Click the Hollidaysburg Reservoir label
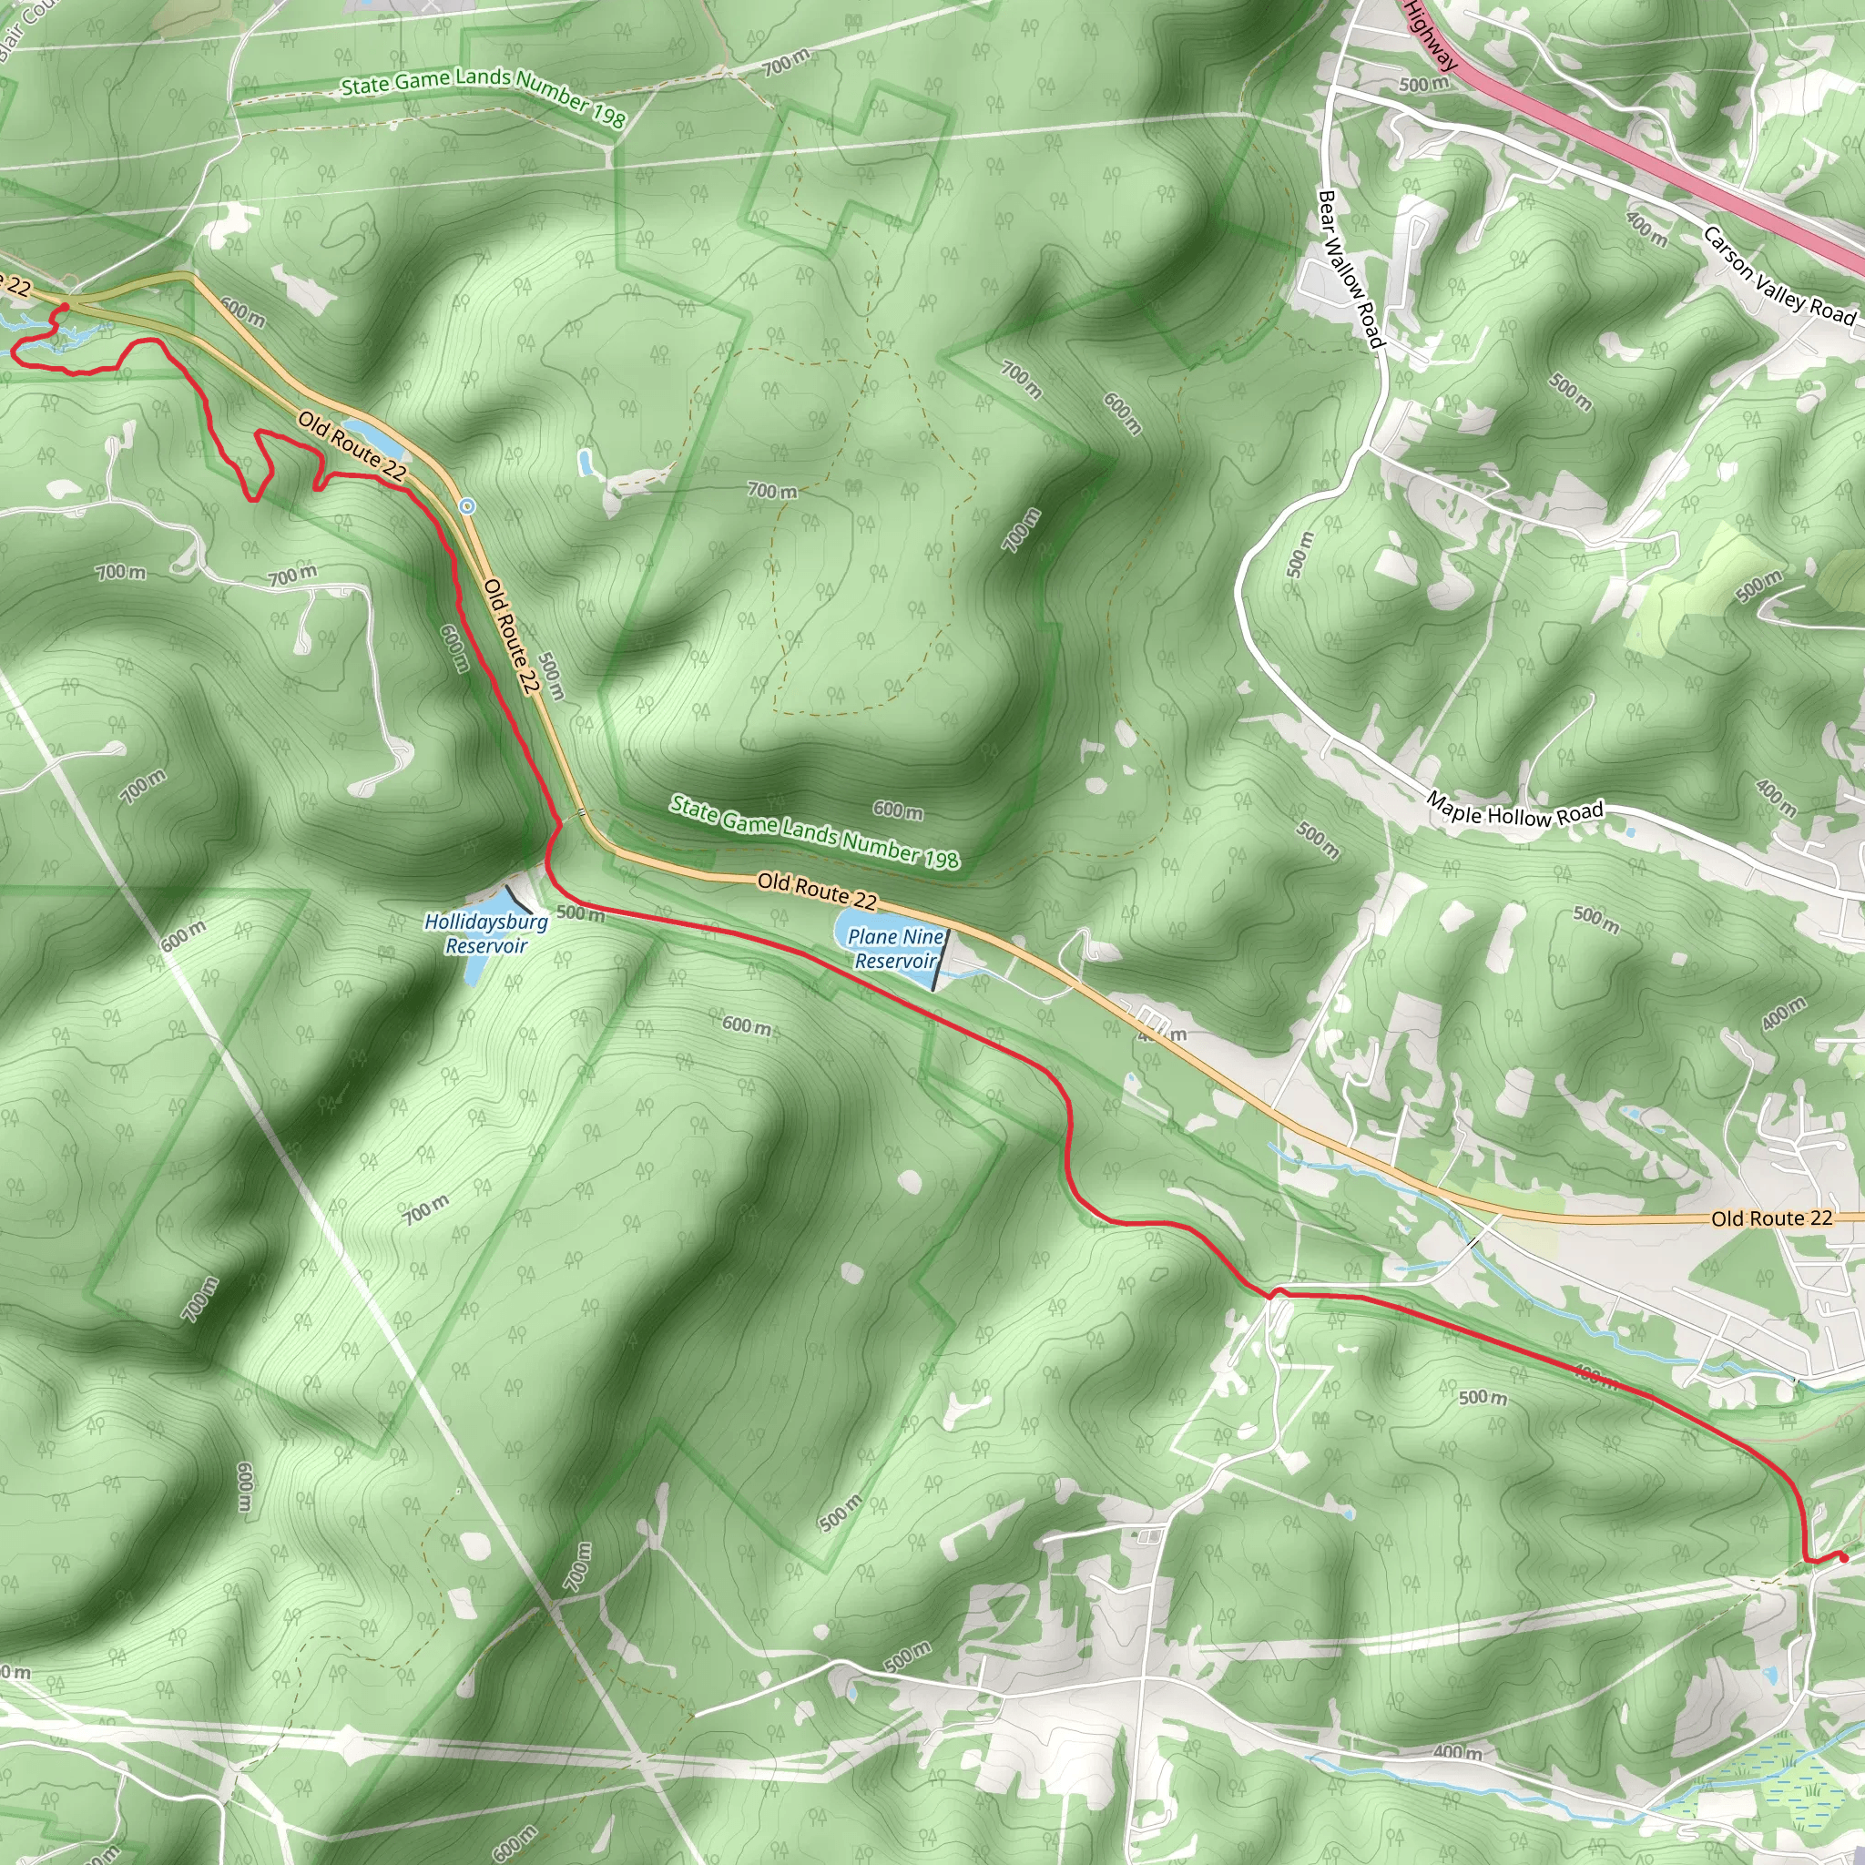(x=486, y=933)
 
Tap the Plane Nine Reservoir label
(x=896, y=948)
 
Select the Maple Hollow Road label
(x=1514, y=813)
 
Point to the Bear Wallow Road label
(x=1350, y=269)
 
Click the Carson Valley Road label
(x=1778, y=275)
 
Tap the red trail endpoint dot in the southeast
(x=1843, y=1557)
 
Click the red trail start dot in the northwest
(x=65, y=308)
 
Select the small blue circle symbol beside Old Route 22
(x=467, y=505)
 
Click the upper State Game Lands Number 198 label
(x=484, y=97)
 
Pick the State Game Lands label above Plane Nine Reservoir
(x=815, y=831)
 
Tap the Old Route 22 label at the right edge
(x=1771, y=1218)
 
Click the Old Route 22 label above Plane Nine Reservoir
(x=817, y=891)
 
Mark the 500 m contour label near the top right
(x=1424, y=84)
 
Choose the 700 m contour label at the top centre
(x=786, y=64)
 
